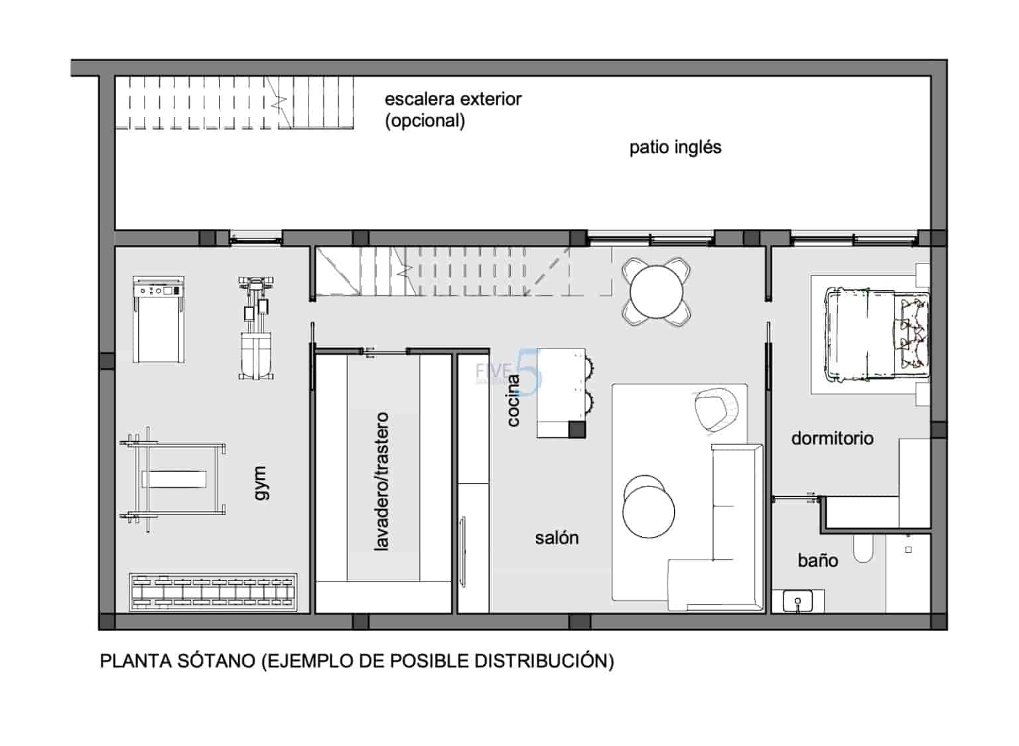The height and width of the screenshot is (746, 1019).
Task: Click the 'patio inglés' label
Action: [675, 147]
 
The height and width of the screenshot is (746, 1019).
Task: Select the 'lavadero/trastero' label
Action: [381, 481]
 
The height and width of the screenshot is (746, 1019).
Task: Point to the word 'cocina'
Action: [513, 400]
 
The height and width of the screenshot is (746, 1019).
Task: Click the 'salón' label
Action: [557, 538]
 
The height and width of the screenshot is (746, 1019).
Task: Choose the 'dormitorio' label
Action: [832, 438]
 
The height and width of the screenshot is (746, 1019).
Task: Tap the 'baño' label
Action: [817, 561]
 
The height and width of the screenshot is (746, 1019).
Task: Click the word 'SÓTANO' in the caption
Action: [216, 661]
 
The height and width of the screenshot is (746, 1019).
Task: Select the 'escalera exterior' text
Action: [453, 100]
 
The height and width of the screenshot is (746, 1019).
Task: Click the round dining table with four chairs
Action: [656, 292]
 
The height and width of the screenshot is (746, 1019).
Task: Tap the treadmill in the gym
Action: [158, 319]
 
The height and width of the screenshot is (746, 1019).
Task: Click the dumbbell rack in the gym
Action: [212, 591]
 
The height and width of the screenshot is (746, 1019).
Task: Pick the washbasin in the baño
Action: [797, 601]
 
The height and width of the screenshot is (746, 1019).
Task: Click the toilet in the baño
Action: [863, 548]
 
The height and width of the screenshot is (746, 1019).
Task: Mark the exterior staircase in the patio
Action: [236, 103]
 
